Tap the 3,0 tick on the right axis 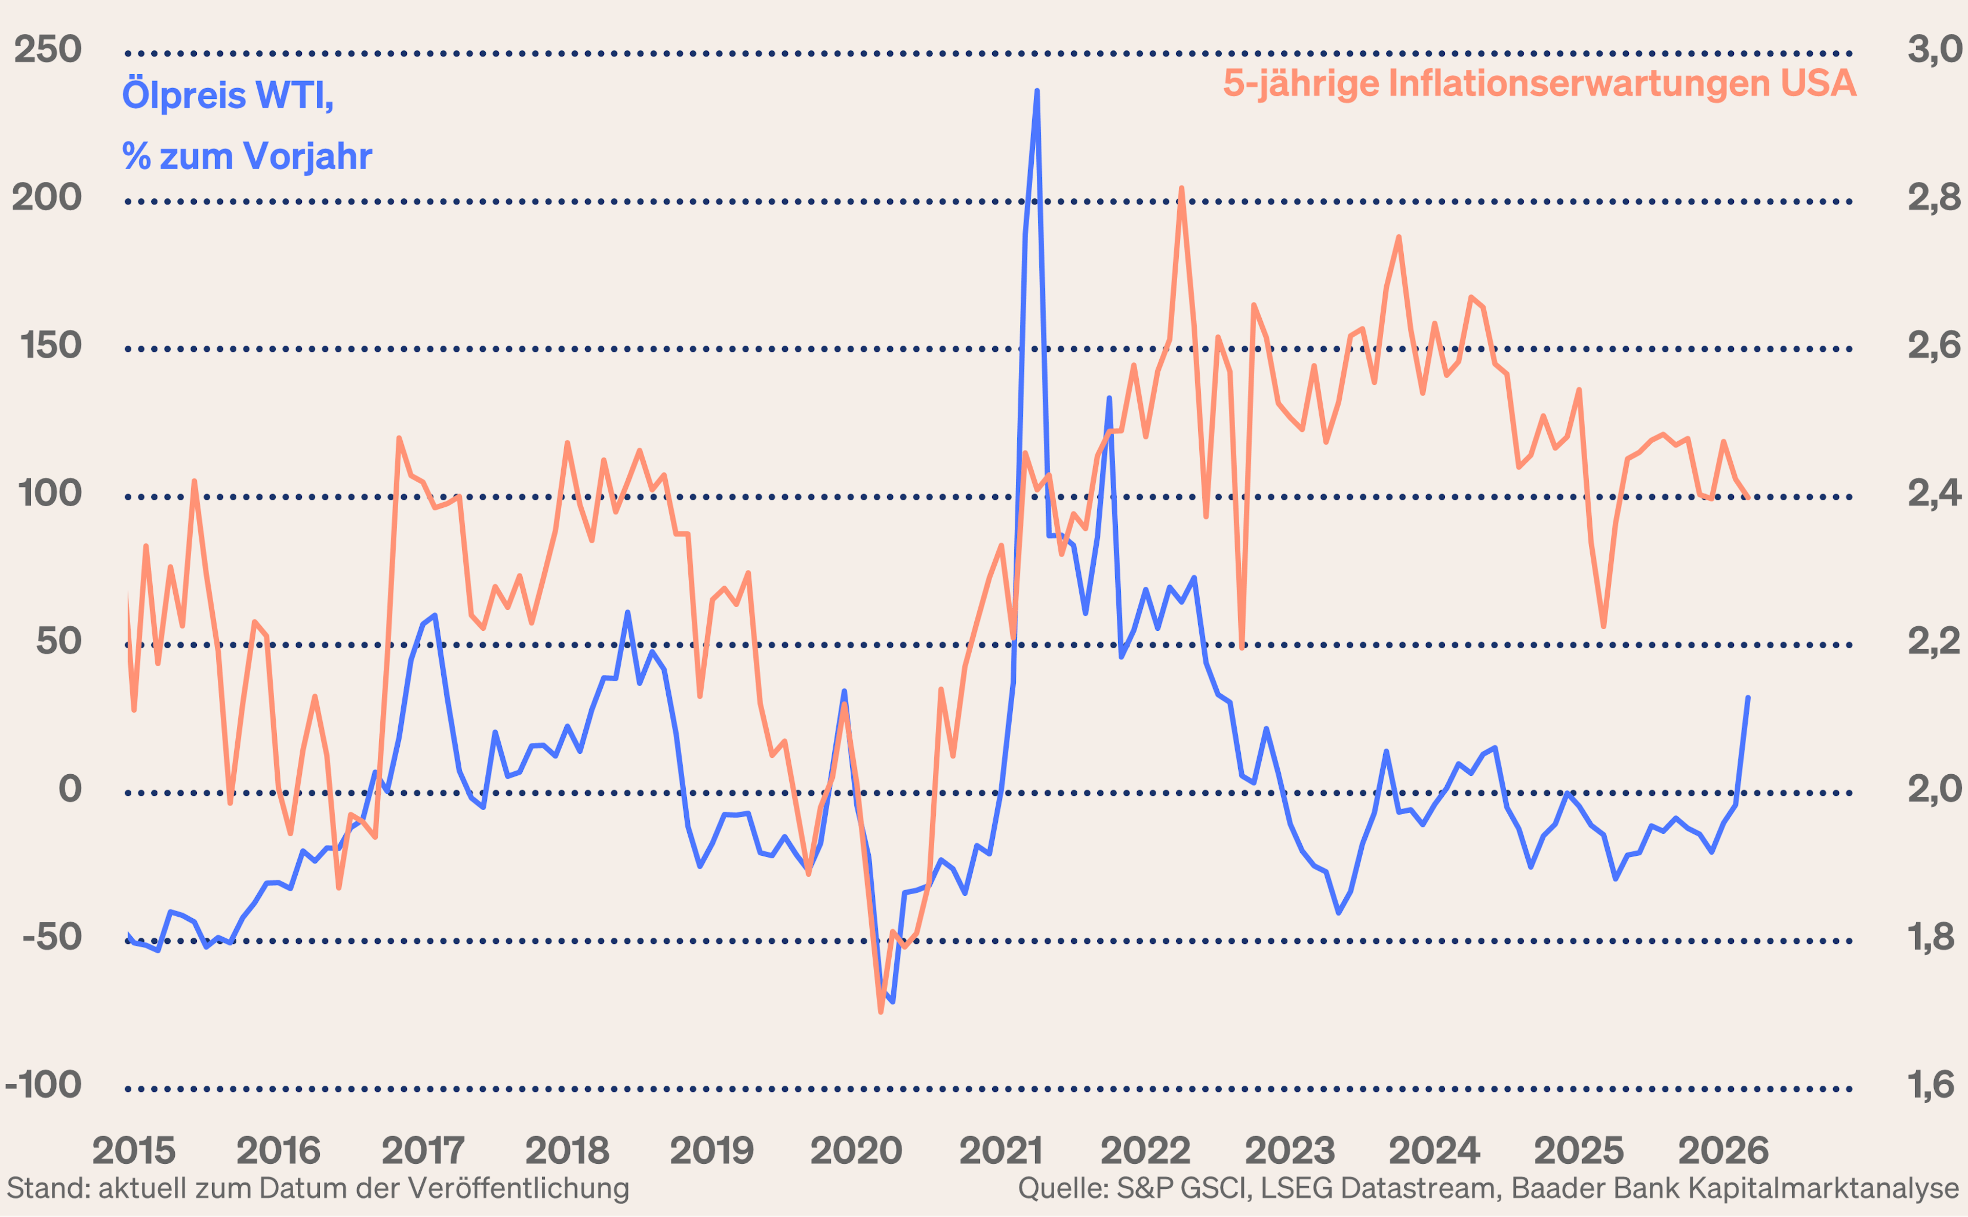(x=1933, y=50)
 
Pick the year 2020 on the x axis (x=855, y=1151)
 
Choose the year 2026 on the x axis (x=1724, y=1151)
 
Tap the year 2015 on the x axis (x=134, y=1151)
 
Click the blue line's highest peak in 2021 (x=1037, y=91)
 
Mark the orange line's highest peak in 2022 (x=1181, y=189)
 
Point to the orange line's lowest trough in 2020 (x=880, y=1012)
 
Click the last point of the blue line (x=1748, y=698)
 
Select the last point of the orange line (x=1748, y=498)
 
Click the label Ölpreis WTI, (x=228, y=95)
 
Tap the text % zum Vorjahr (x=247, y=156)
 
